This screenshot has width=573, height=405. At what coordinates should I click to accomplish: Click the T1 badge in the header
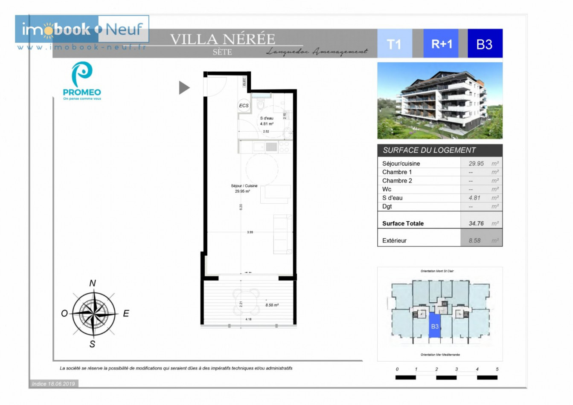tap(394, 44)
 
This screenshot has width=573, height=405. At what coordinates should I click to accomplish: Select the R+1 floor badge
tap(441, 44)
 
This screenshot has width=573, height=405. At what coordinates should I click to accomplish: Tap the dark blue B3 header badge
tap(485, 44)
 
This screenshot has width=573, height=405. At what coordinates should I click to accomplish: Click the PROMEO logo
tap(82, 81)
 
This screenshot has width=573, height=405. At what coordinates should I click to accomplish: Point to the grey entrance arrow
tap(184, 88)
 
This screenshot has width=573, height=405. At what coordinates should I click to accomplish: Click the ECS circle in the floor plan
tap(244, 106)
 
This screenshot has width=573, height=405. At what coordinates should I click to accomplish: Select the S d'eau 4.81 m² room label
tap(267, 121)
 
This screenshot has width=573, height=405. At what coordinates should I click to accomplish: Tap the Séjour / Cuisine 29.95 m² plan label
tap(244, 189)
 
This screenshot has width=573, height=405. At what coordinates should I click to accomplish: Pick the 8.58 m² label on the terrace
tap(272, 305)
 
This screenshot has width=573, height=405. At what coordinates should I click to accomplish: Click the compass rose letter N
tap(93, 283)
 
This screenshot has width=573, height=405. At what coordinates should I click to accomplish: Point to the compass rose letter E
tap(126, 314)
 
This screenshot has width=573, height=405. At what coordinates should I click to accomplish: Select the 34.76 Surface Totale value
tap(476, 223)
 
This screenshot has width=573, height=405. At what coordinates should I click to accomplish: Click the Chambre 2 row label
tap(397, 181)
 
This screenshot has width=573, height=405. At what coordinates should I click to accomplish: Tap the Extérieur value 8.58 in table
tap(474, 240)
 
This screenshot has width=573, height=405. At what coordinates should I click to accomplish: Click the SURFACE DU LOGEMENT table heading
tap(429, 150)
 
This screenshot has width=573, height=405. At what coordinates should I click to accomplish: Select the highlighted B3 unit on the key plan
tap(434, 326)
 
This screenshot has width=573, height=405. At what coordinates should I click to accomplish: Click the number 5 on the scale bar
tap(497, 369)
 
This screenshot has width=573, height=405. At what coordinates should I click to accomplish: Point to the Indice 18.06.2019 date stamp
tap(53, 384)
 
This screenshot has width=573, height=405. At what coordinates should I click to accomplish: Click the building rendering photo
tap(440, 101)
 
